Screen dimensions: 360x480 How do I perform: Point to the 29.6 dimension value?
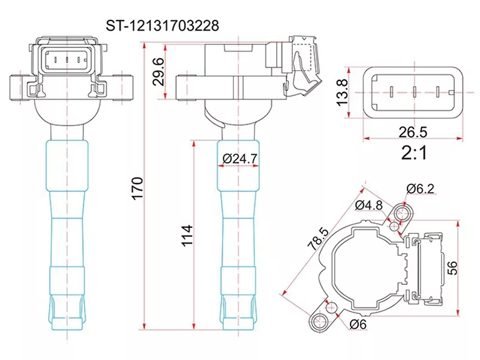tap(158, 71)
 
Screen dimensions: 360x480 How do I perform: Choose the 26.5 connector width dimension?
tap(413, 131)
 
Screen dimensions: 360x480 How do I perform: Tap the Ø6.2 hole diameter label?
tap(420, 189)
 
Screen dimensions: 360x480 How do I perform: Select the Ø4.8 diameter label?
tap(368, 205)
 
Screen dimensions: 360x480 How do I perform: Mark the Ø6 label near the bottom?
tap(358, 325)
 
